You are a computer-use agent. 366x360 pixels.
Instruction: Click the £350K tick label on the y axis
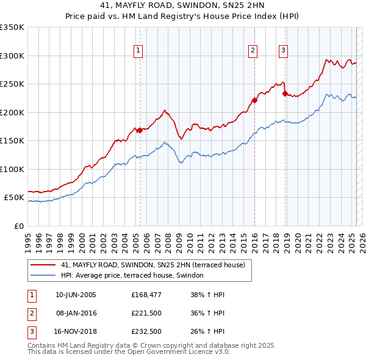(x=12, y=27)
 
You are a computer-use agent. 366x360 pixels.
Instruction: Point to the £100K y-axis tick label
(x=12, y=169)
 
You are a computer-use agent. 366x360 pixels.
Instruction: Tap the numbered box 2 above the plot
(x=253, y=51)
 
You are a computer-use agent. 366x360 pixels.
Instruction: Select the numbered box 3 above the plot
(x=284, y=51)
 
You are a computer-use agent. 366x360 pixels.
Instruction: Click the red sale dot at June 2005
(x=140, y=130)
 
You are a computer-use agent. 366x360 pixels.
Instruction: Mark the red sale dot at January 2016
(x=254, y=100)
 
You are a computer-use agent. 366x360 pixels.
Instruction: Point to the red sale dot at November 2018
(x=285, y=94)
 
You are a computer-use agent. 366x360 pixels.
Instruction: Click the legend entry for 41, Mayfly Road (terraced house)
(x=152, y=265)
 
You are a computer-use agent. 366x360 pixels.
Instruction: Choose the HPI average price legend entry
(x=135, y=276)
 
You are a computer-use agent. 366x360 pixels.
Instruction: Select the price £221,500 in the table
(x=145, y=313)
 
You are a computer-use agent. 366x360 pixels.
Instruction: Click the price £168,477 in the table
(x=145, y=295)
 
